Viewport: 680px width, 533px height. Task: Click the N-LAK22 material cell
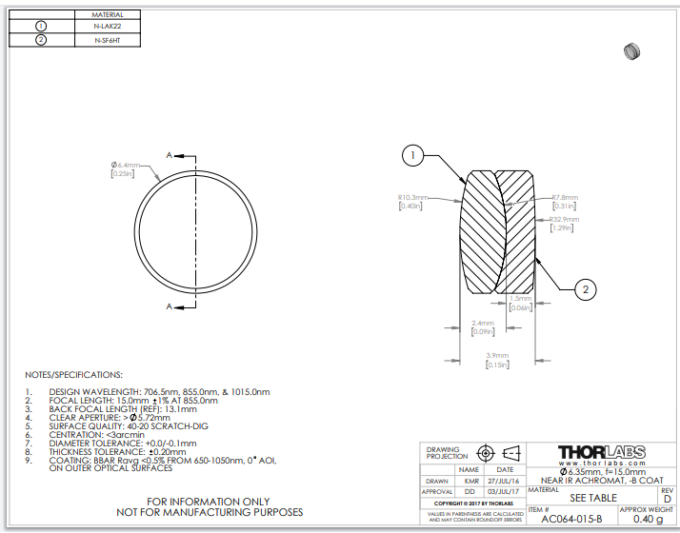coord(107,27)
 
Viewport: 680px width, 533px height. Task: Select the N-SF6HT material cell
coord(107,40)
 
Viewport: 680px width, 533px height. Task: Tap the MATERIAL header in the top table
coord(107,15)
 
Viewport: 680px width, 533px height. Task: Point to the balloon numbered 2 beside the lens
coord(587,288)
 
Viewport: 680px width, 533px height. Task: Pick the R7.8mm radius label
coord(566,197)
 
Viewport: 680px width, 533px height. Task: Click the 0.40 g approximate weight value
coord(648,520)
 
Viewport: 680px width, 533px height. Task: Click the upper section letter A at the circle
coord(170,154)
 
